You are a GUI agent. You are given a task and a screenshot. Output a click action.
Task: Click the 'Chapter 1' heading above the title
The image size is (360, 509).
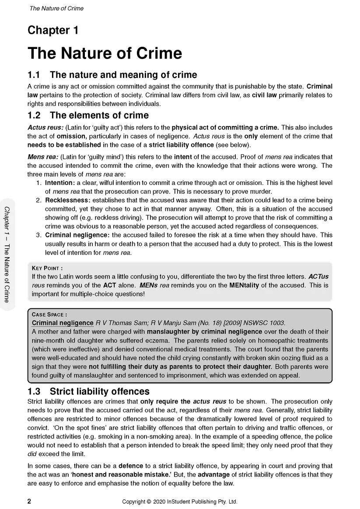[53, 31]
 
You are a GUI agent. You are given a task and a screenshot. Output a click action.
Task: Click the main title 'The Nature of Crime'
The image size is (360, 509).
[105, 53]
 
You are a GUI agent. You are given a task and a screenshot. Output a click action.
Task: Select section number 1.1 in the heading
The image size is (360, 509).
[35, 75]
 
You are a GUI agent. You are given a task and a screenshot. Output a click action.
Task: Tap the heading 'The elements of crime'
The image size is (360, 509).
[99, 115]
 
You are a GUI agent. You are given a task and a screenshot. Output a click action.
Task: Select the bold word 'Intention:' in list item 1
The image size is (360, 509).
[60, 182]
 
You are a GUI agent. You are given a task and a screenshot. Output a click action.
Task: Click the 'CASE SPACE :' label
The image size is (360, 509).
[49, 314]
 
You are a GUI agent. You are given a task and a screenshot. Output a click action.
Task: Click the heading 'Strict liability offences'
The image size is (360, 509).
[100, 391]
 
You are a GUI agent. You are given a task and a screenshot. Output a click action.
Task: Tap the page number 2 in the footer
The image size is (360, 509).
[29, 502]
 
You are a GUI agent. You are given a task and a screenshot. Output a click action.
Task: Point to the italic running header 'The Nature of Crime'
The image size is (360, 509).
[56, 8]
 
